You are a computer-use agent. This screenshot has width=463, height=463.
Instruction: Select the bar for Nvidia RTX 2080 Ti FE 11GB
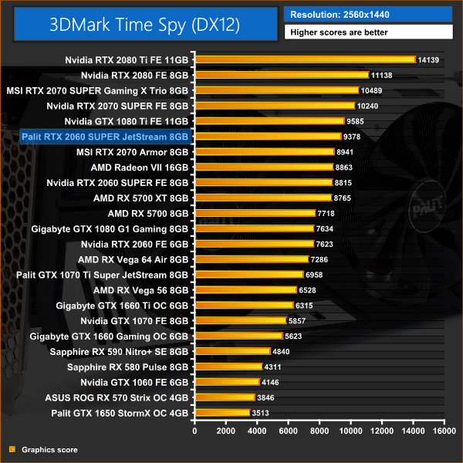click(x=306, y=59)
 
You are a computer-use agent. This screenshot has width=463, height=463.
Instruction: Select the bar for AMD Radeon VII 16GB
click(x=264, y=167)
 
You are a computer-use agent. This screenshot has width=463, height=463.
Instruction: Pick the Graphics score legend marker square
click(x=12, y=449)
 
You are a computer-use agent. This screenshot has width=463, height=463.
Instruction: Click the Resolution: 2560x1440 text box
click(x=368, y=14)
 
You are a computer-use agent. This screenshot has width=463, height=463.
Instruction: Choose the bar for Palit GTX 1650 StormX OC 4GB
click(x=223, y=413)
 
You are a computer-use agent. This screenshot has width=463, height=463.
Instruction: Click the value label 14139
click(x=430, y=59)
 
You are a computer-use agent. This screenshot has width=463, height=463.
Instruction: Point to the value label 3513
click(x=262, y=413)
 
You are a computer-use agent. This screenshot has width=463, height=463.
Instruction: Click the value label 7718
click(x=326, y=213)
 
